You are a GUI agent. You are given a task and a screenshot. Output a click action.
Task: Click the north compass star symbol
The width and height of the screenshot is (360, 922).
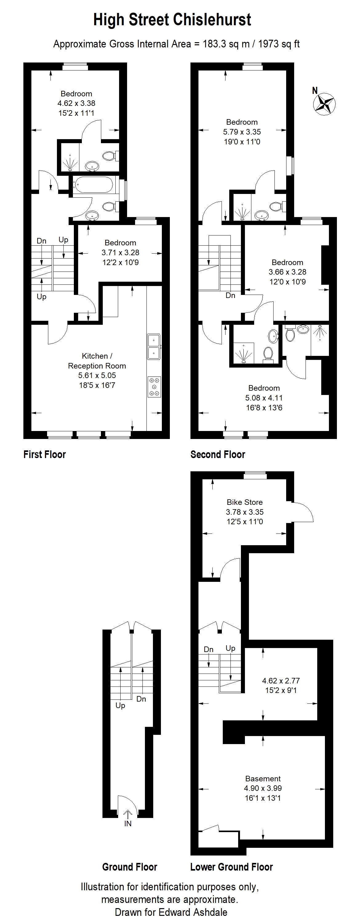coord(324,104)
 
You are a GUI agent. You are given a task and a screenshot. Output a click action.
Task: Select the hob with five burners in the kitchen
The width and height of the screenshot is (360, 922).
coord(154,387)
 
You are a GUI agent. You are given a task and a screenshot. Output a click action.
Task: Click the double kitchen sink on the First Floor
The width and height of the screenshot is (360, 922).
coord(154,346)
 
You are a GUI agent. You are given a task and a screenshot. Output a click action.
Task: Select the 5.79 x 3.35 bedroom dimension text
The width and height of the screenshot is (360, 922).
coord(242,132)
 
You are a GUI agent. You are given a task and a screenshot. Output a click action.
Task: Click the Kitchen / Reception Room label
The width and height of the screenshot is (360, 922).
coord(97,361)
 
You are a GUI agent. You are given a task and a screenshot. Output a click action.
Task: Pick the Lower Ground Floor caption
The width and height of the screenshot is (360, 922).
coord(231,867)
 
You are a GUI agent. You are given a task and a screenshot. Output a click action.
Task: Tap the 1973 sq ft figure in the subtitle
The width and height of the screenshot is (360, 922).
coord(278,44)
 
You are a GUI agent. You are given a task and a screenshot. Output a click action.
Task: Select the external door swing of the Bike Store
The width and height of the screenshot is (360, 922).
coord(303,512)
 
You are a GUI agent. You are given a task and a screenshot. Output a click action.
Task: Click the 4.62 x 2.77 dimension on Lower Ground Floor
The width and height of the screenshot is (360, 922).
coord(281,681)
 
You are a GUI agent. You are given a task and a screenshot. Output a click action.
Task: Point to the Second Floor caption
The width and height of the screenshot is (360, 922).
coord(218,455)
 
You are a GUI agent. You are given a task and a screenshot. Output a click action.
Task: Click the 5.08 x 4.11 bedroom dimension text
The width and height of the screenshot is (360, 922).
coord(264,398)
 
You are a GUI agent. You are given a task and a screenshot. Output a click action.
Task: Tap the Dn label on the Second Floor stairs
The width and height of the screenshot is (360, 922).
coord(230,295)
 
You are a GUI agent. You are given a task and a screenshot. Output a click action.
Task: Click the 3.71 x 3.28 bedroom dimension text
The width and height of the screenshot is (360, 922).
coord(120,252)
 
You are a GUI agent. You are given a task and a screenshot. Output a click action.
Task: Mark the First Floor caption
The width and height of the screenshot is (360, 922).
coord(45,455)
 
